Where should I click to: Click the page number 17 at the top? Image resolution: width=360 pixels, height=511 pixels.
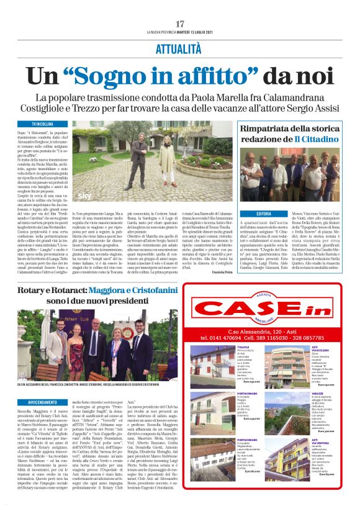180,24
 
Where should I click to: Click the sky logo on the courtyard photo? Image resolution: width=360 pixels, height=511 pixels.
83,195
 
